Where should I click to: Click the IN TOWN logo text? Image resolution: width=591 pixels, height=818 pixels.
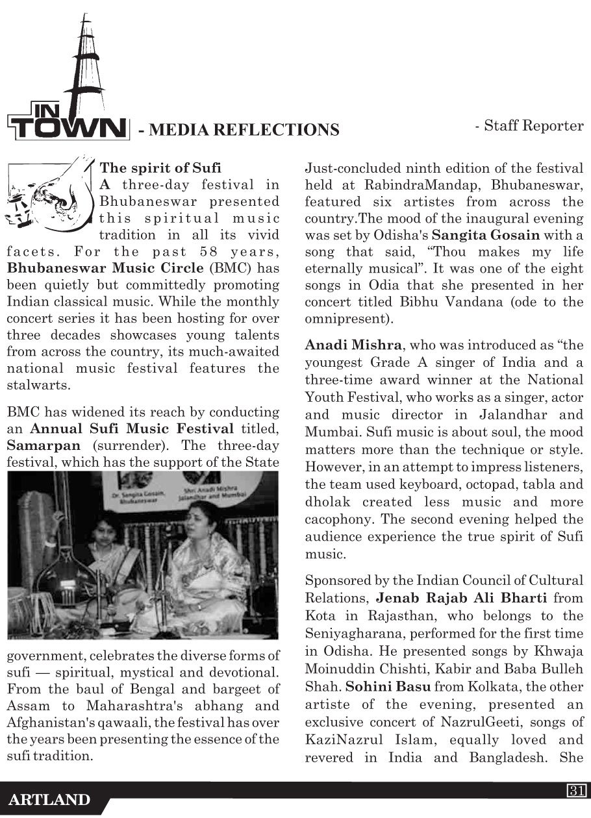pyautogui.click(x=67, y=125)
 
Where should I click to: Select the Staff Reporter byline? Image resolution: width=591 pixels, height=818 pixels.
pyautogui.click(x=529, y=125)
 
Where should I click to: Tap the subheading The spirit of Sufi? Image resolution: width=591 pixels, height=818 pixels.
pyautogui.click(x=160, y=168)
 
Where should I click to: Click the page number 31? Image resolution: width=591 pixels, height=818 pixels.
pyautogui.click(x=577, y=790)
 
